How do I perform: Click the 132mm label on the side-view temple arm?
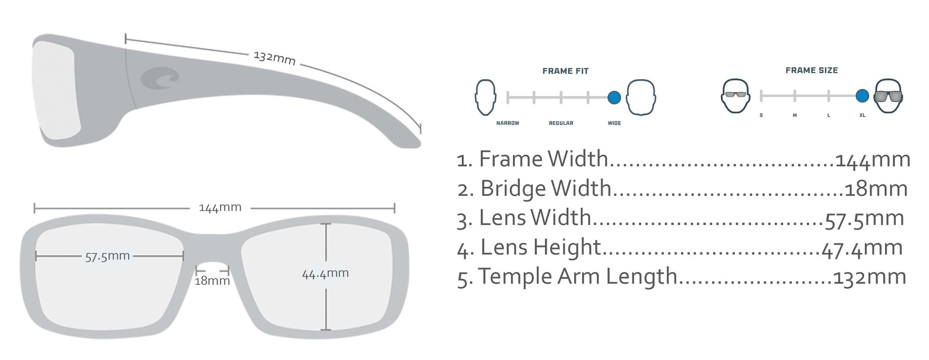(274, 58)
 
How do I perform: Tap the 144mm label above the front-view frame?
(220, 208)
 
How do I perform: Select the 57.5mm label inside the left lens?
(108, 256)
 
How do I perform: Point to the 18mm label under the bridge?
(212, 281)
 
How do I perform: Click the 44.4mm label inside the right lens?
(325, 273)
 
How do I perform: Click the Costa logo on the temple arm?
(160, 78)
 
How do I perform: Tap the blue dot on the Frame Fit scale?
(614, 97)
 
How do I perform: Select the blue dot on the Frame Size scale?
(862, 96)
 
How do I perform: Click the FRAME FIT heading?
(565, 71)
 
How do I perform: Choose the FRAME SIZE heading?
(812, 70)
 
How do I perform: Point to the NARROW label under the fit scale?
(508, 123)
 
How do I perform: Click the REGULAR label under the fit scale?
(561, 123)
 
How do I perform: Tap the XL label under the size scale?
(862, 116)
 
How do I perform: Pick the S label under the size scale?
(761, 116)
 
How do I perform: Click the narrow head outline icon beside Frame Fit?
(485, 97)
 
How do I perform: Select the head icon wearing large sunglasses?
(888, 96)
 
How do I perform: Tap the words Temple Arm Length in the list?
(577, 277)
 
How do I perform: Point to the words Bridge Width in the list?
(546, 189)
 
